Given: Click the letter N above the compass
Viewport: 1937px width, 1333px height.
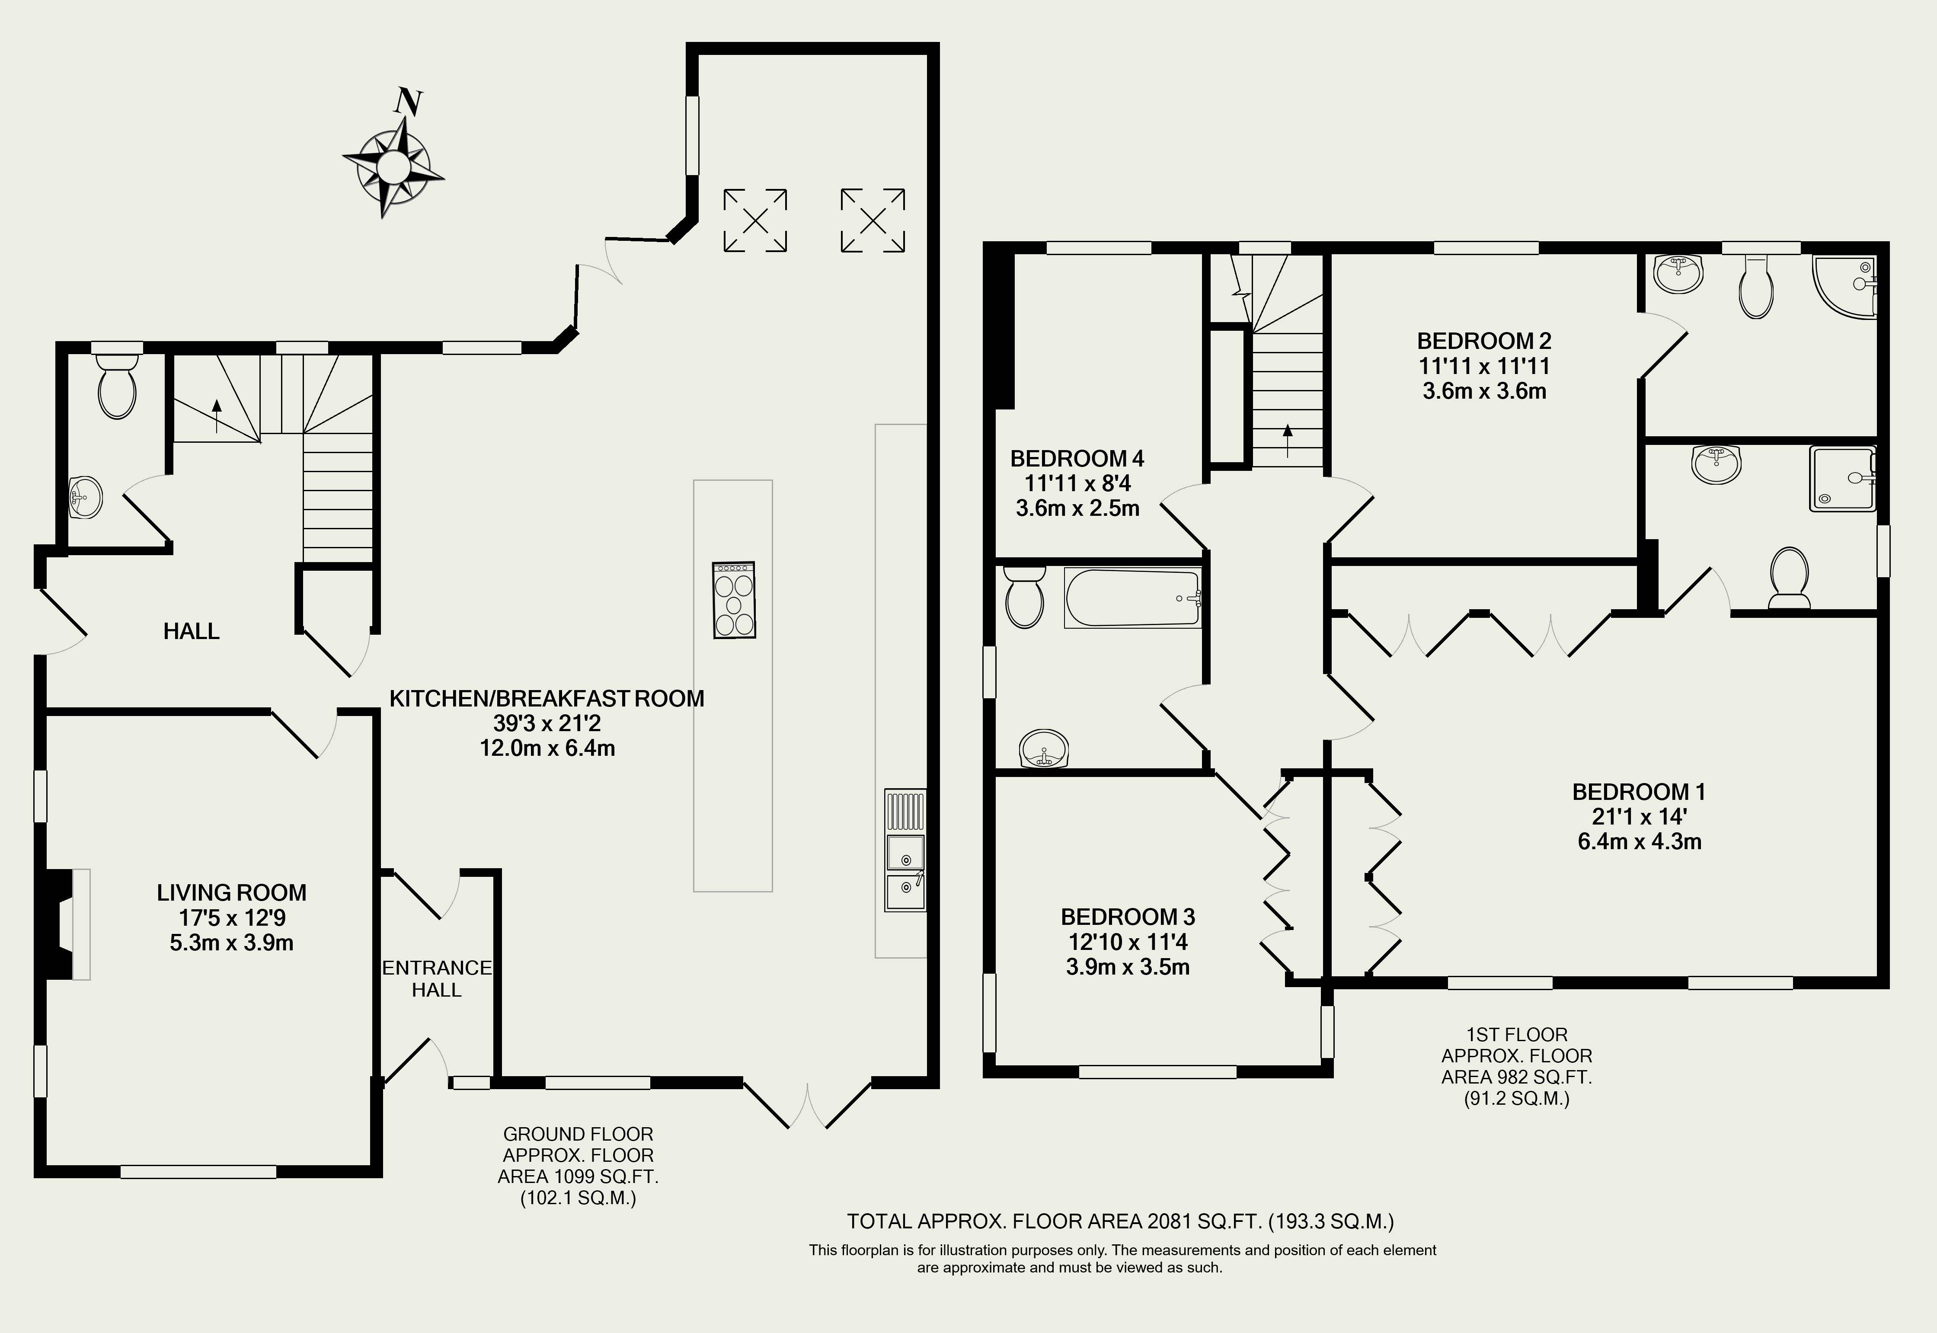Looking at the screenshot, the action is tap(408, 102).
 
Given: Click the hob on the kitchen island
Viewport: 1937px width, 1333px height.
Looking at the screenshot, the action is tap(734, 600).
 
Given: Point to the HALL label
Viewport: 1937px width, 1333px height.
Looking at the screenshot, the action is tap(191, 631).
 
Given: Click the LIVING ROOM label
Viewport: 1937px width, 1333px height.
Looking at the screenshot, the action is tap(231, 892).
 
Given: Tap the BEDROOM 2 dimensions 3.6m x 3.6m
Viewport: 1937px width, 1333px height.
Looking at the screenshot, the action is tap(1484, 391).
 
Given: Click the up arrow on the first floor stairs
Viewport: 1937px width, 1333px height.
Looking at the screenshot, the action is tap(1287, 440).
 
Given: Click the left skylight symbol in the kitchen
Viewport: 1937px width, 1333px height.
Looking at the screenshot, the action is tap(755, 220).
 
